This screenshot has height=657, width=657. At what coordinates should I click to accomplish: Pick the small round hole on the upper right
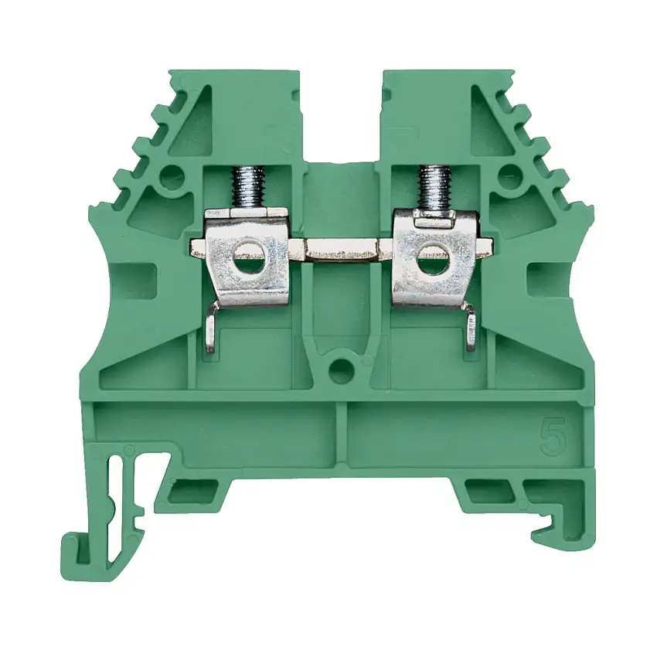[x=508, y=179]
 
